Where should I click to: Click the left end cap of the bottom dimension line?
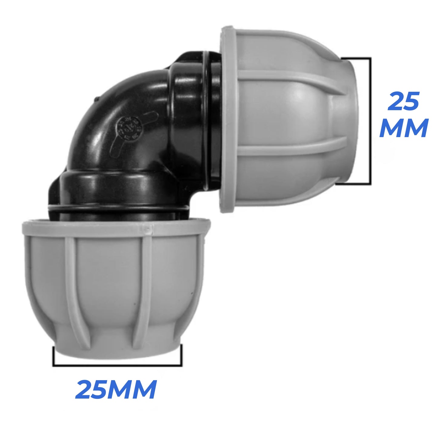[53, 356]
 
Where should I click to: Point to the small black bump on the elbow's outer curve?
[96, 99]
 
